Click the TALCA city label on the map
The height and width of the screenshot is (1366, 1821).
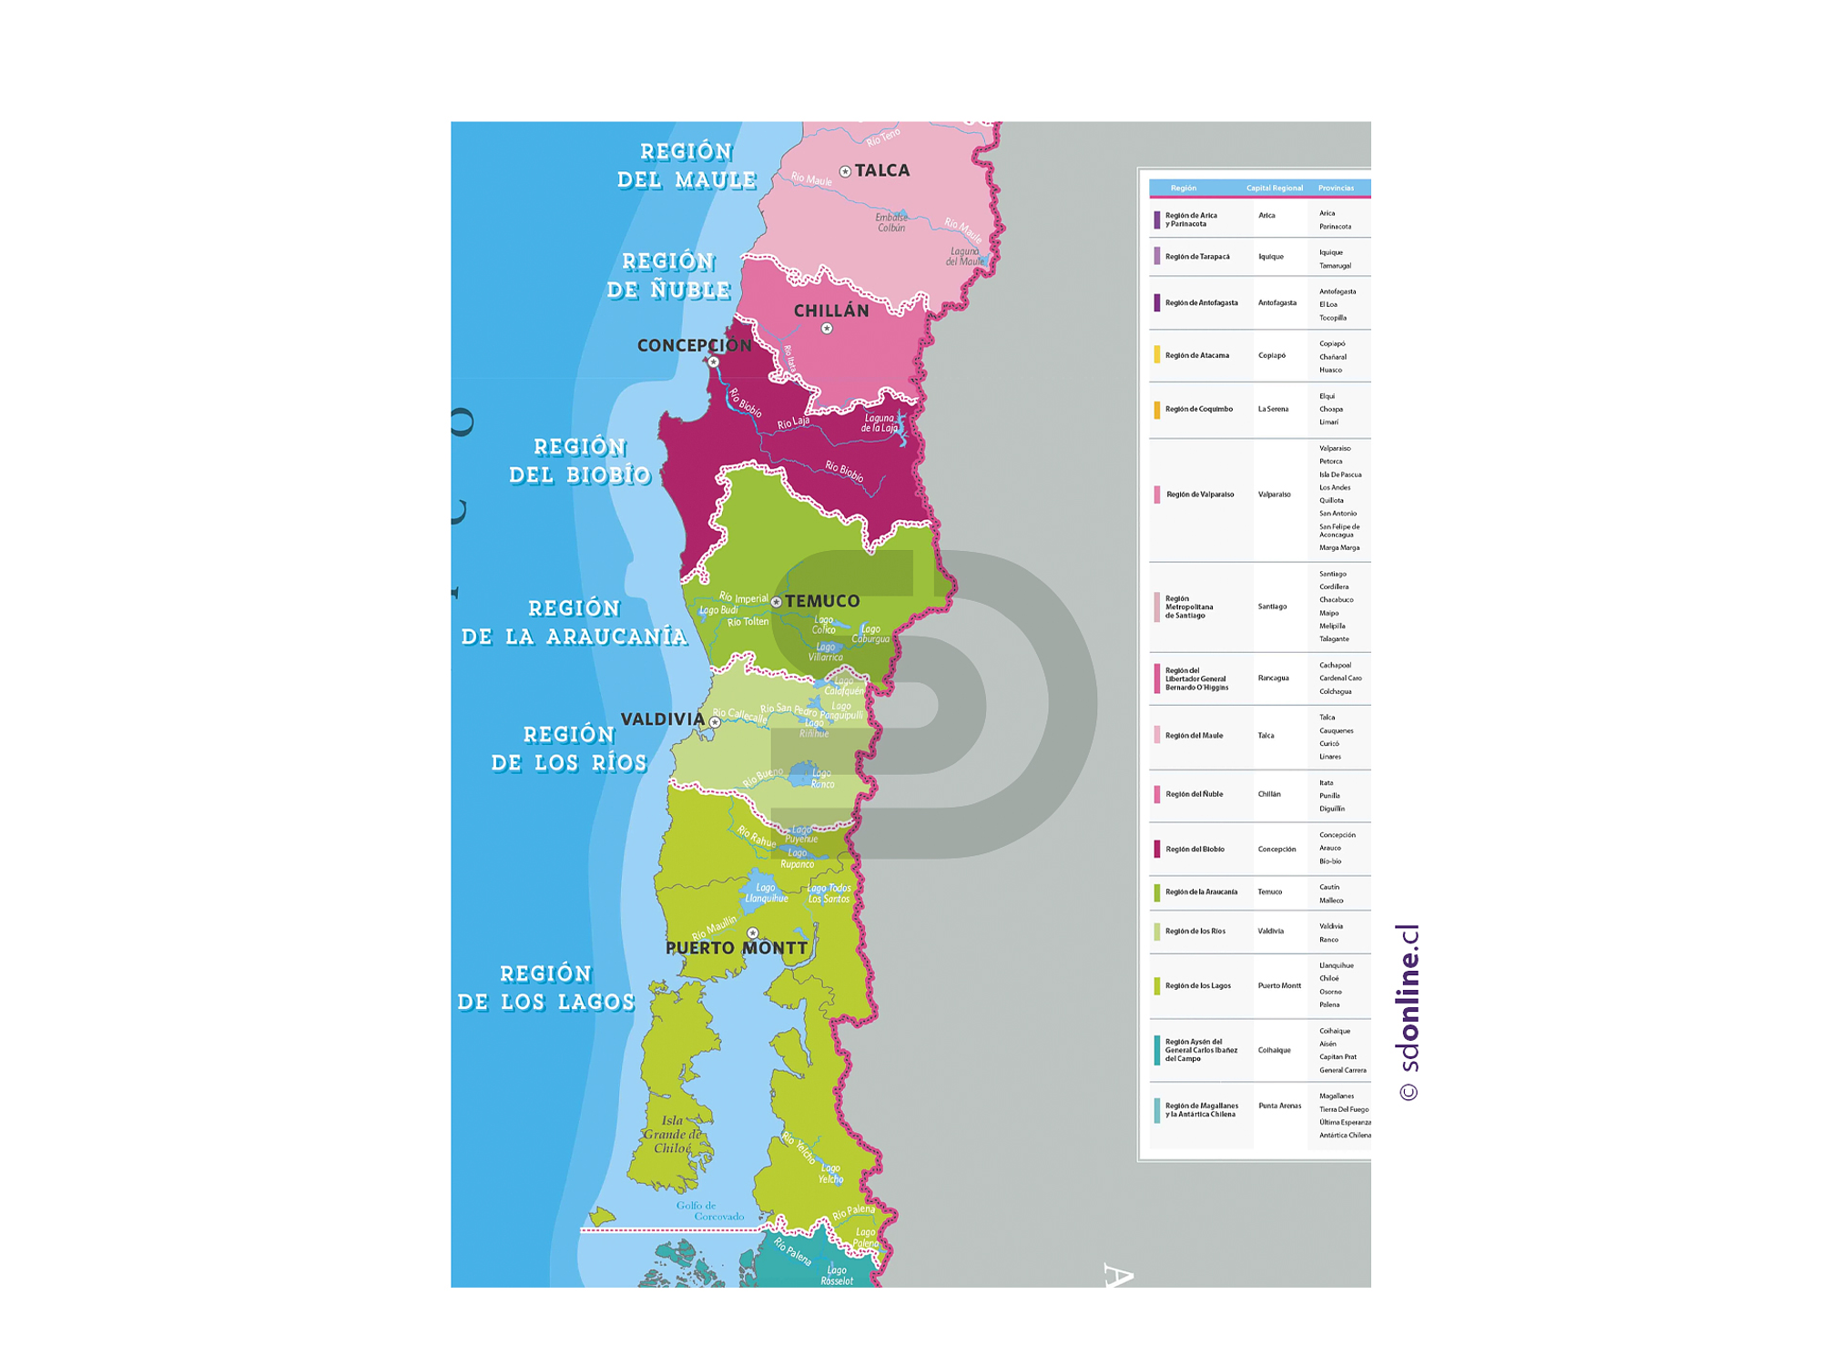point(881,170)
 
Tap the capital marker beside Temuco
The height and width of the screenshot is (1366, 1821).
point(776,602)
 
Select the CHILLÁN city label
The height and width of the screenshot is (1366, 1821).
point(831,311)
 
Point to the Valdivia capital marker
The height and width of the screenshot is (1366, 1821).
point(715,722)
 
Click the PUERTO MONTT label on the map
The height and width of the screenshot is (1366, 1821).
point(736,948)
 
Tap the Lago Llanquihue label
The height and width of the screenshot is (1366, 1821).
point(766,893)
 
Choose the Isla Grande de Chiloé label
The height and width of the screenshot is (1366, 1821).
point(672,1135)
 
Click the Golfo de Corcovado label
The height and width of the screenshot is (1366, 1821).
point(709,1210)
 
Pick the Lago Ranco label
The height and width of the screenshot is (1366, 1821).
point(821,779)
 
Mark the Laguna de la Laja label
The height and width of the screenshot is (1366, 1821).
point(880,423)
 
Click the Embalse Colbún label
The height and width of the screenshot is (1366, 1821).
point(891,222)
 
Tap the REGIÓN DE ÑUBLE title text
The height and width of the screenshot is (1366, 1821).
point(669,276)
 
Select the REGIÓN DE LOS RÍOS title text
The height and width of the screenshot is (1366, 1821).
point(569,749)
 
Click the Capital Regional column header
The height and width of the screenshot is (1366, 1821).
point(1274,189)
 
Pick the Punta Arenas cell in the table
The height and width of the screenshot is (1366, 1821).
point(1279,1106)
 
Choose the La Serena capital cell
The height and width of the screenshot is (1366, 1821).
point(1273,409)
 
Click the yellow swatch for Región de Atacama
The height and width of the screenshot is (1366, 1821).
point(1157,355)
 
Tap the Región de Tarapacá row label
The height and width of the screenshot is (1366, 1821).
point(1197,257)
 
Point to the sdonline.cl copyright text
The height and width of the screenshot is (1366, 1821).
point(1408,1013)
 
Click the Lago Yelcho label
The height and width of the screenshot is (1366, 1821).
point(829,1173)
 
